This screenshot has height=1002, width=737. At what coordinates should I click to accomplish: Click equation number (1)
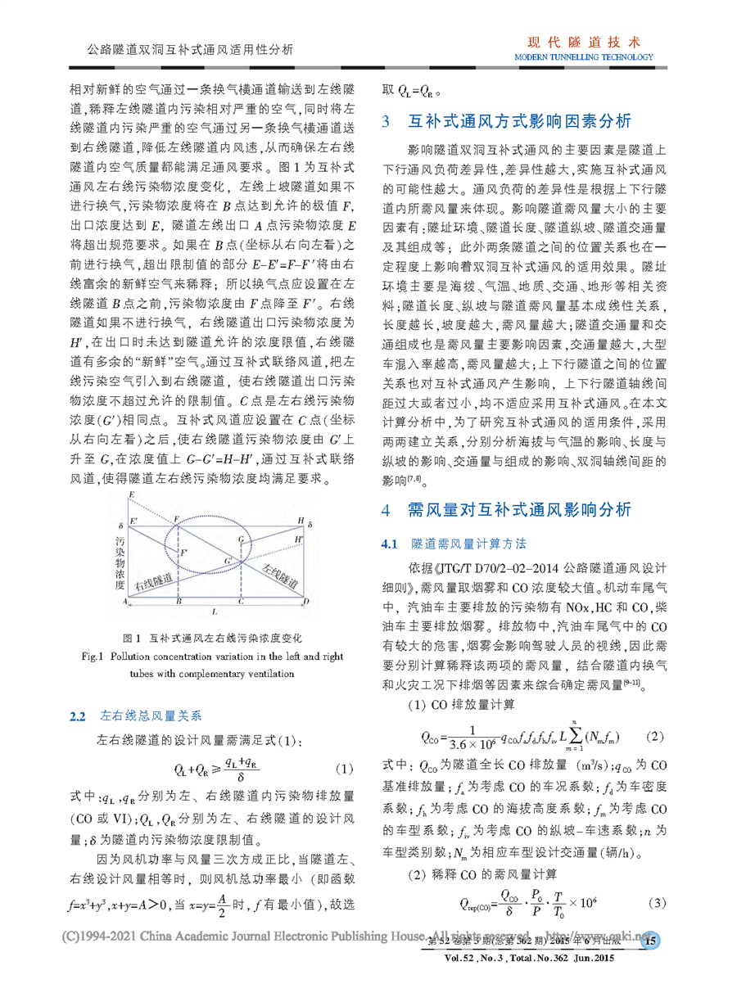[x=344, y=770]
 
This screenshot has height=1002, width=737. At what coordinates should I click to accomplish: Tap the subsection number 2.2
[x=78, y=716]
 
